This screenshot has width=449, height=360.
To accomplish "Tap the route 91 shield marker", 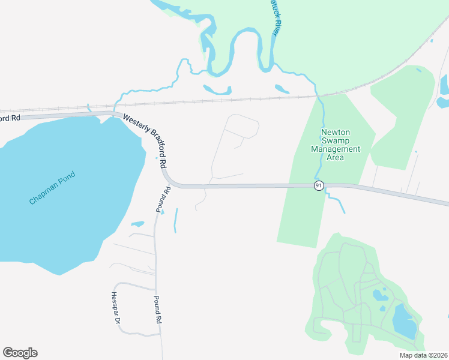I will [x=318, y=185].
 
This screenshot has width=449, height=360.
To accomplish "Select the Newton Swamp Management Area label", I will [x=340, y=145].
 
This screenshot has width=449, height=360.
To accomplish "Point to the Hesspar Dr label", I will [x=115, y=308].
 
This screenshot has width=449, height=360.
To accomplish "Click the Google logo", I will [x=20, y=353].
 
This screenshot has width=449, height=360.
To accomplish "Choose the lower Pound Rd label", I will [x=158, y=310].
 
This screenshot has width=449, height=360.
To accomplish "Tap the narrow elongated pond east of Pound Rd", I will [x=176, y=220].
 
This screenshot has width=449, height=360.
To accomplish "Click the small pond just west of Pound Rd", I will [x=137, y=224].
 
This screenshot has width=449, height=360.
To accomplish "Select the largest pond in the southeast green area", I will [x=404, y=321].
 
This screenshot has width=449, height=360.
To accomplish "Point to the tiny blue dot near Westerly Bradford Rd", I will [x=157, y=158].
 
